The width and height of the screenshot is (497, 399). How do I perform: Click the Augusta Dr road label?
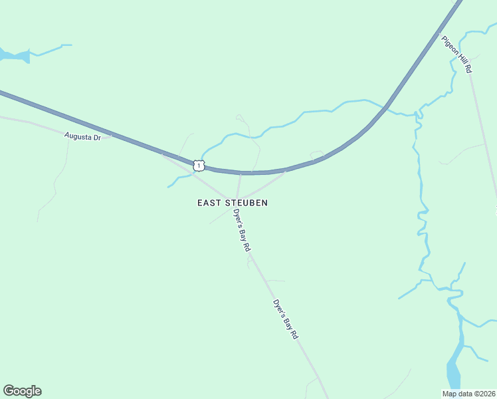coord(82,137)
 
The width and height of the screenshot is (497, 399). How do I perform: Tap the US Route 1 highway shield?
coord(199,164)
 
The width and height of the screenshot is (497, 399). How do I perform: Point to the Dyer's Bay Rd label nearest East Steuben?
coord(242,229)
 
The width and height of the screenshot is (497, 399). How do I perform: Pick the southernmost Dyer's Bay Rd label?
coord(285,319)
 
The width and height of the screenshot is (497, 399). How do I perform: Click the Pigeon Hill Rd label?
coord(457,54)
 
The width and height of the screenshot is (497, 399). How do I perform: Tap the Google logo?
coord(22,391)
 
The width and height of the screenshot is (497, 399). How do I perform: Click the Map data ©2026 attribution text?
coord(469,394)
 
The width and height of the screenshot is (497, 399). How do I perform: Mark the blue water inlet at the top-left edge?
coord(15,56)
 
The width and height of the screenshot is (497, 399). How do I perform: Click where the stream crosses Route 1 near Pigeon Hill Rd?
coord(386,106)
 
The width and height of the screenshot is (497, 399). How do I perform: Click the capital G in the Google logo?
coord(9,391)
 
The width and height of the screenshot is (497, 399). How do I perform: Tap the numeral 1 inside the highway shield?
coord(199,164)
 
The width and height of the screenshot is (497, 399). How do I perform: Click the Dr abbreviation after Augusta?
coord(96,138)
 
